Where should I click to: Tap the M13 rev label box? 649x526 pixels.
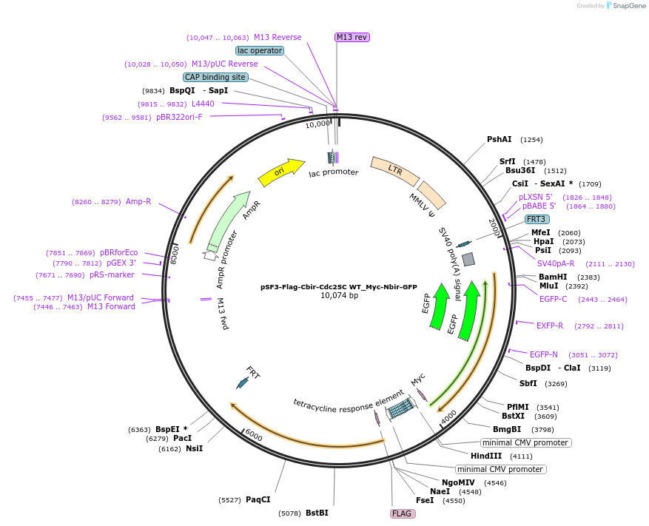click(x=352, y=37)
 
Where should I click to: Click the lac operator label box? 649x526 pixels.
click(x=260, y=50)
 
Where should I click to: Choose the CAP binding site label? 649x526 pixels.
click(x=215, y=77)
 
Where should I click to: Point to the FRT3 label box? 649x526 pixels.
click(x=537, y=219)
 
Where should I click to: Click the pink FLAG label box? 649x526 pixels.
click(x=402, y=513)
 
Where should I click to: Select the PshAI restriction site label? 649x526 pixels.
click(x=500, y=139)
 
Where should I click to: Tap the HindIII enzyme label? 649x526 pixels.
click(x=486, y=456)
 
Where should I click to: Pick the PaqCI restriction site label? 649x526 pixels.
click(x=258, y=500)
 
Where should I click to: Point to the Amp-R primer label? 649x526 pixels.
click(x=138, y=201)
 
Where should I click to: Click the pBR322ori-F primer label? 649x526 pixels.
click(x=179, y=117)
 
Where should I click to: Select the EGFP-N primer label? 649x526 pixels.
click(x=544, y=354)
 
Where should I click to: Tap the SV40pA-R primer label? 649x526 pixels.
click(x=556, y=263)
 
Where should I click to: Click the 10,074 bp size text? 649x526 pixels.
click(x=339, y=296)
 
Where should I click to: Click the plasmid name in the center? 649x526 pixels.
click(x=339, y=286)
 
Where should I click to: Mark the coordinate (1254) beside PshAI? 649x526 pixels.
click(x=531, y=140)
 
